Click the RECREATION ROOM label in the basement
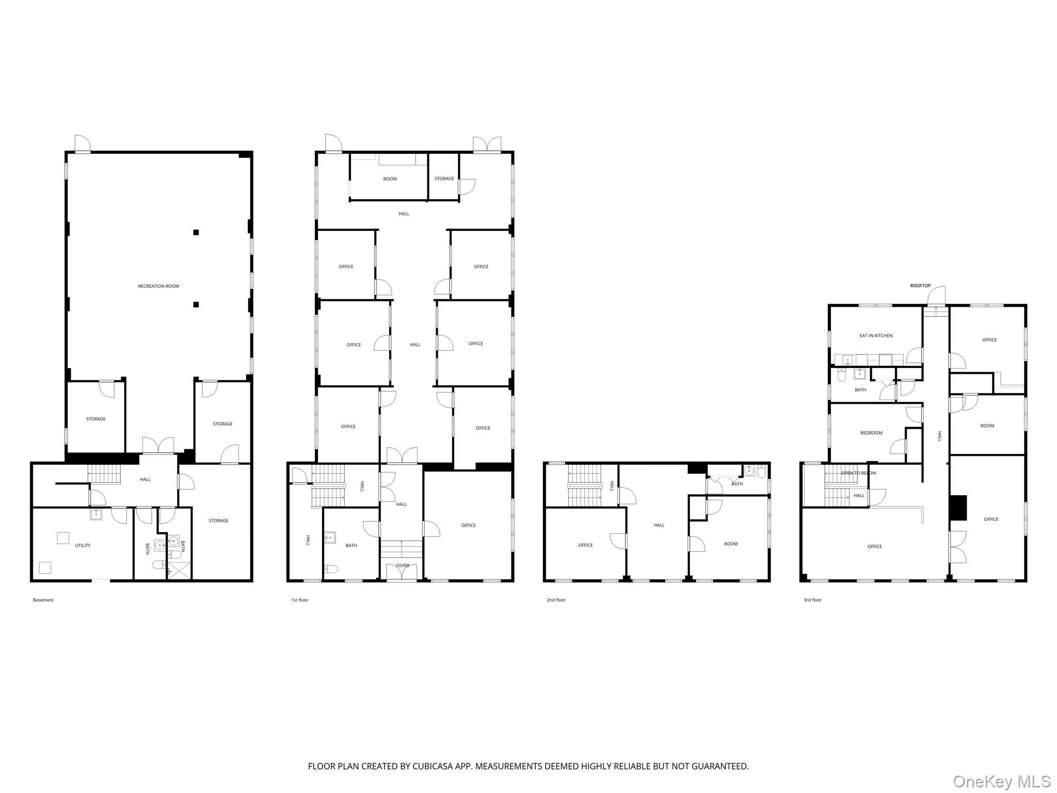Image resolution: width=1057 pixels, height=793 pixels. tap(158, 286)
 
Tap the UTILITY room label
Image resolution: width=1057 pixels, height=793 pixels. tap(83, 545)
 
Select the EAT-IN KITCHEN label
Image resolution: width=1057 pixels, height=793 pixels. tap(876, 336)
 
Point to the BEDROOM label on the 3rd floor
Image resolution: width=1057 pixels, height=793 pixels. tap(871, 433)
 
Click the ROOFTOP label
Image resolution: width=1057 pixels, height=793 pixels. tap(920, 286)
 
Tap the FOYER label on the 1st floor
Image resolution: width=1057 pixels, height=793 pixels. tap(403, 565)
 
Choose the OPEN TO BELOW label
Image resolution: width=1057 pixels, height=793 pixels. tap(858, 473)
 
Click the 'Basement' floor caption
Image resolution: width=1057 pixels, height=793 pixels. tap(43, 600)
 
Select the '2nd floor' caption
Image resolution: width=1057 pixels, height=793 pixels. tap(556, 600)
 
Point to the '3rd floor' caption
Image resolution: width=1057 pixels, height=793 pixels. tap(812, 600)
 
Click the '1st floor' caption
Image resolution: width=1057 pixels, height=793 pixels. tap(299, 600)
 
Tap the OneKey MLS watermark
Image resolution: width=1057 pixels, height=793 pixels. tap(1002, 782)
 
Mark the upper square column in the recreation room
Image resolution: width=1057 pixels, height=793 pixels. tap(196, 232)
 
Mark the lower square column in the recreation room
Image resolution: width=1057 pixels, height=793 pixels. tap(196, 305)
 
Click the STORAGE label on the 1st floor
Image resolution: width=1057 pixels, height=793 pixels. tap(444, 179)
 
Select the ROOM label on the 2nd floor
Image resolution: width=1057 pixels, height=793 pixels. tap(731, 544)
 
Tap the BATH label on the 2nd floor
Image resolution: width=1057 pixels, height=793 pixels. tap(737, 484)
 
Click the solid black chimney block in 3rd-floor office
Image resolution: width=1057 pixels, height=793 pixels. tap(958, 508)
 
